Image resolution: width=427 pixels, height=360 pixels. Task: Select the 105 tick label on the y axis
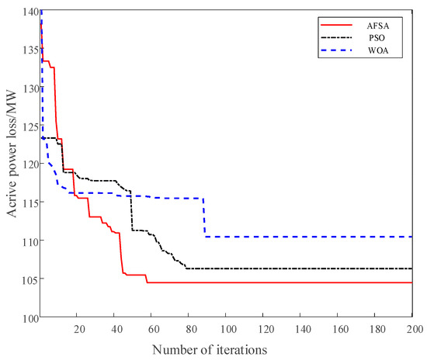pyautogui.click(x=29, y=279)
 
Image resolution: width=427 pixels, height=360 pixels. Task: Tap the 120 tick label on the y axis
pyautogui.click(x=29, y=164)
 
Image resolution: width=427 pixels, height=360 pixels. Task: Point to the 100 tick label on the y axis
pyautogui.click(x=29, y=317)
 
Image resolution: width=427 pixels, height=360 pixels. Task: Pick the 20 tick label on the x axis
pyautogui.click(x=78, y=329)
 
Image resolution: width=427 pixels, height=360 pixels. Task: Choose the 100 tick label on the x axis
pyautogui.click(x=226, y=329)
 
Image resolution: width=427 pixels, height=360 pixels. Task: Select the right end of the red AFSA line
pyautogui.click(x=411, y=282)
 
